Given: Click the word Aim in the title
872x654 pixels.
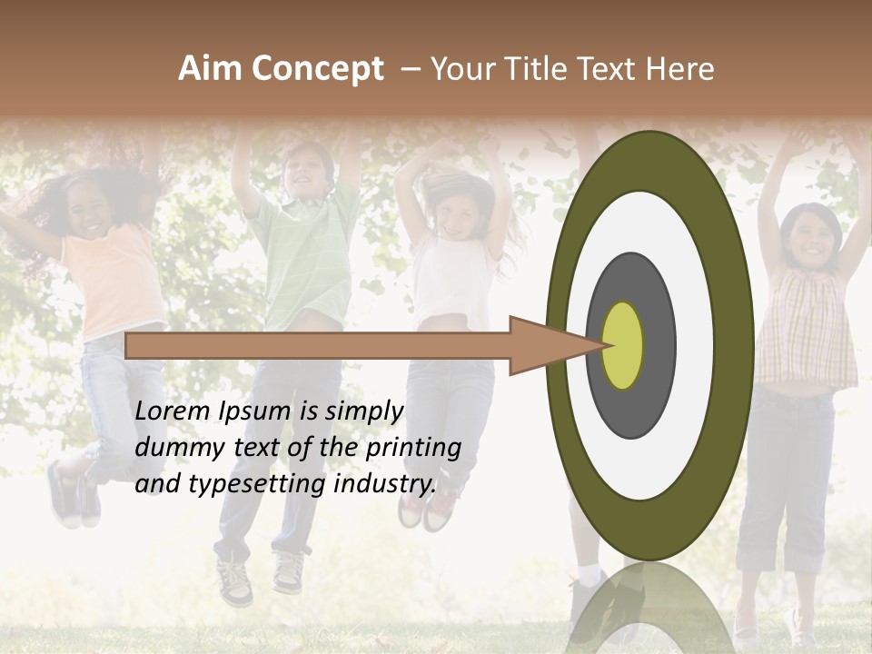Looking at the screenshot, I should [x=210, y=69].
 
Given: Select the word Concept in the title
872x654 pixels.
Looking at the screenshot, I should [x=316, y=69].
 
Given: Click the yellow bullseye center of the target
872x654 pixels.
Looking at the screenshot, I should [x=623, y=345].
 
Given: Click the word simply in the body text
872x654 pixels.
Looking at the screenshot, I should [x=363, y=411].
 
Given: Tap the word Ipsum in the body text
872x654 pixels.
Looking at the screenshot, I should [x=253, y=411].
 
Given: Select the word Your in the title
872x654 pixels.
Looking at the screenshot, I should [x=461, y=69].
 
